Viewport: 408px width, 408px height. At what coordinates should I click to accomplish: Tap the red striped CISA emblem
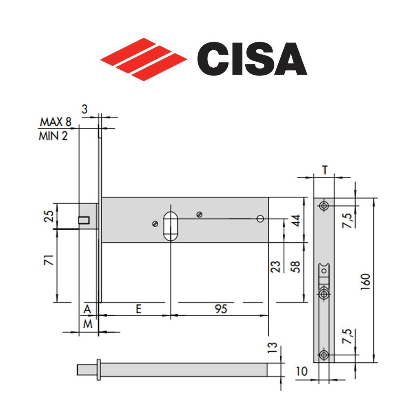click(144, 60)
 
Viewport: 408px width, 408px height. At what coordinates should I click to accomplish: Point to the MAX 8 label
click(55, 122)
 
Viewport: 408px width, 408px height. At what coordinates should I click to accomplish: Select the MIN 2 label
click(53, 136)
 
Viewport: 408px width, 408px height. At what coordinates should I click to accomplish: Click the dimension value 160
click(366, 280)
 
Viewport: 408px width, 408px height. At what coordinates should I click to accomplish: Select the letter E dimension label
click(139, 309)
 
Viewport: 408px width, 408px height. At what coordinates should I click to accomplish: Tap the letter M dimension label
click(87, 324)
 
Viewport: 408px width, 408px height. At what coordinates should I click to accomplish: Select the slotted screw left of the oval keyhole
click(155, 223)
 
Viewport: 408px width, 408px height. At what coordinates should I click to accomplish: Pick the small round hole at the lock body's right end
click(259, 219)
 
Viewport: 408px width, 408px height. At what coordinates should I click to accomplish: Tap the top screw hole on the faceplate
click(324, 206)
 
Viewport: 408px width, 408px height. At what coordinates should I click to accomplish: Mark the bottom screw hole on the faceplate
click(324, 355)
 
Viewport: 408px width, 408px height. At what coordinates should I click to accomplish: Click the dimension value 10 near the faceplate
click(302, 372)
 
